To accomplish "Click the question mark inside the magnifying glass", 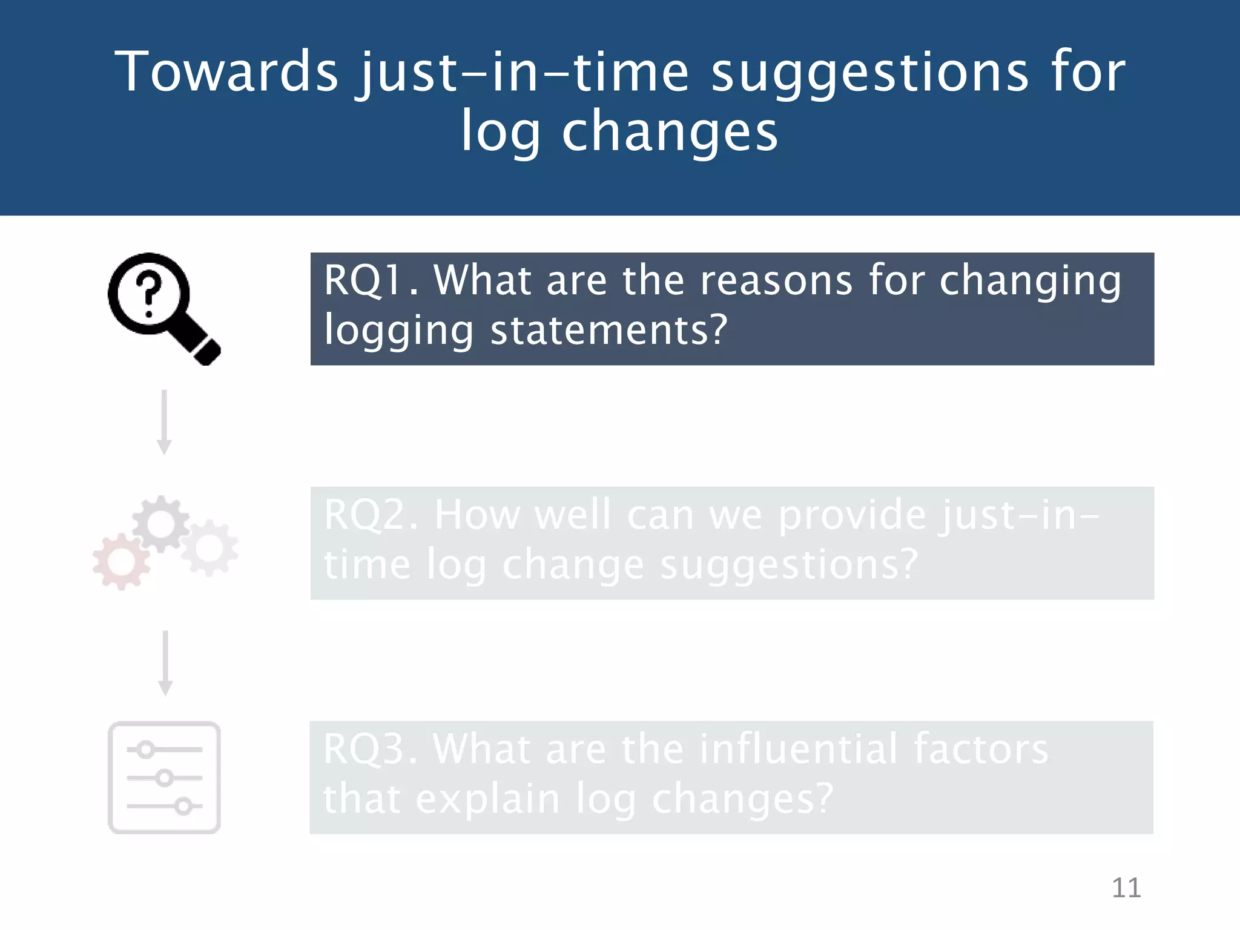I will pos(149,293).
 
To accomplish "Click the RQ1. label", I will pos(371,280).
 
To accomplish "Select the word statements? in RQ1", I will pos(608,331).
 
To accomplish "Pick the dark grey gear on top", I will pos(161,523).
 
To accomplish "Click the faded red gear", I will pos(121,562).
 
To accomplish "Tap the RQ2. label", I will pos(371,515).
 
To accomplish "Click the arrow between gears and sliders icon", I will pos(165,663).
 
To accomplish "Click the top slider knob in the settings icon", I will pos(145,750).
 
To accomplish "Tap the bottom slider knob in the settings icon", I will pos(183,806).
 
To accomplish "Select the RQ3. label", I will pos(370,750).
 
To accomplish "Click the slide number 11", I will pos(1126,888).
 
